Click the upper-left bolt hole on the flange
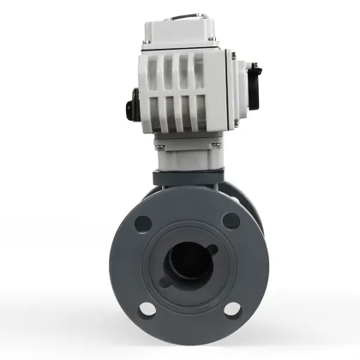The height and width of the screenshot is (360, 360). click(x=143, y=224)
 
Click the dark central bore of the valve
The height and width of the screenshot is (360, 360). click(x=188, y=261)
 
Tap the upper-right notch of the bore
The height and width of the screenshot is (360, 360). click(x=211, y=243)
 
